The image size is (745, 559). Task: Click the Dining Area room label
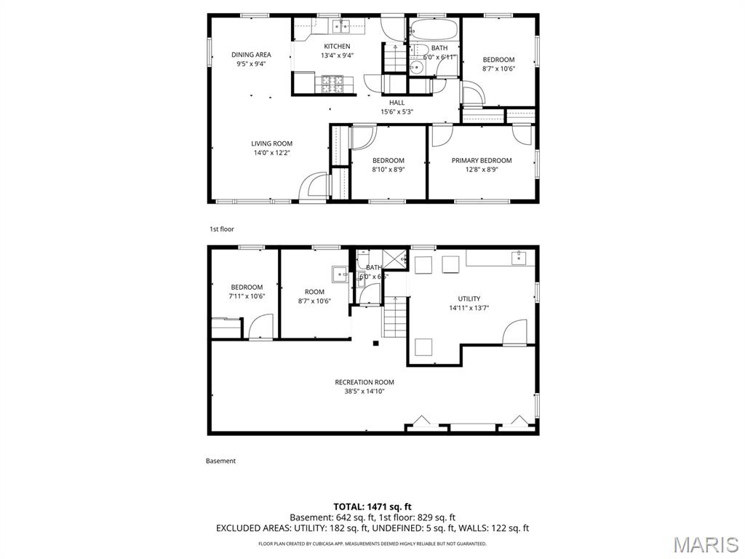click(x=251, y=55)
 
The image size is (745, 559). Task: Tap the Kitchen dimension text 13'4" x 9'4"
click(x=337, y=55)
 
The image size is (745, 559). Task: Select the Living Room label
click(x=272, y=143)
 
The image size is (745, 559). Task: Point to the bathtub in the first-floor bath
click(x=434, y=31)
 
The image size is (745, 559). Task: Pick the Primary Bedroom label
click(x=481, y=160)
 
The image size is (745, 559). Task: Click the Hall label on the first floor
click(x=397, y=103)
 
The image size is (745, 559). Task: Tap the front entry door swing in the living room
click(x=314, y=185)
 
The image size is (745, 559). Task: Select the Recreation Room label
click(x=364, y=382)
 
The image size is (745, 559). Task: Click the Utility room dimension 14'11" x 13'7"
click(x=469, y=308)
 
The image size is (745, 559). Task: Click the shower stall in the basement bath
click(x=395, y=258)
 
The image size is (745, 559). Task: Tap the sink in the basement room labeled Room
click(x=340, y=274)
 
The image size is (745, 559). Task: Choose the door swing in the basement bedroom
click(x=260, y=326)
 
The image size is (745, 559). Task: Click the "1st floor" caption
click(x=222, y=229)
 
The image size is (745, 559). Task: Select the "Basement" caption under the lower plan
click(x=220, y=461)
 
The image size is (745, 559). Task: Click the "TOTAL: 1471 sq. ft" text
click(x=372, y=507)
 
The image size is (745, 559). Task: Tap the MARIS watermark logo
click(x=705, y=544)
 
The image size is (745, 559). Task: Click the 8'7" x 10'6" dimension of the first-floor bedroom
click(x=498, y=69)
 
